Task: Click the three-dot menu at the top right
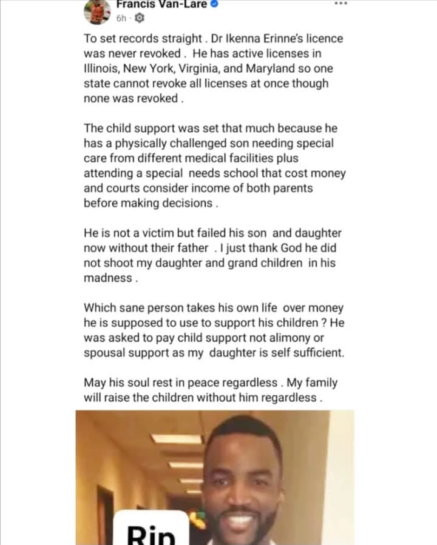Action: [x=340, y=3]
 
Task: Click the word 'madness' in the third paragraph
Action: [x=107, y=278]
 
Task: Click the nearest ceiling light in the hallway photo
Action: [x=175, y=438]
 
